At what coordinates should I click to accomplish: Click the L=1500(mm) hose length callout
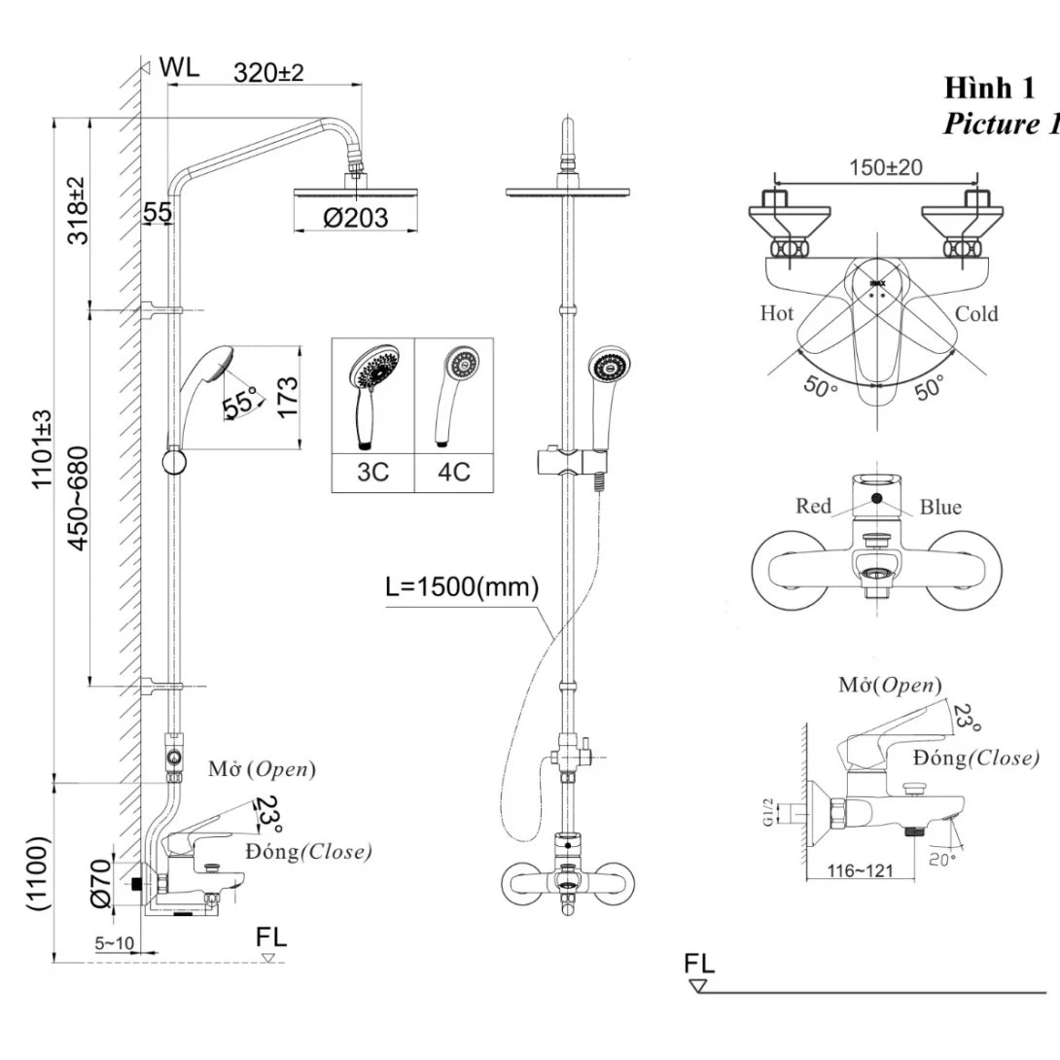[461, 587]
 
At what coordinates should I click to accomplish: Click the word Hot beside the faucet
[777, 313]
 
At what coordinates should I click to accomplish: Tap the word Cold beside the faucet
[976, 313]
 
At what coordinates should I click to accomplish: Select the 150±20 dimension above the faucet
[885, 166]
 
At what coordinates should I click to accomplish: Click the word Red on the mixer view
[813, 506]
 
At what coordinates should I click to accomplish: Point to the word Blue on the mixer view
[940, 507]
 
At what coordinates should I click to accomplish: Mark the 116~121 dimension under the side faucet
[859, 870]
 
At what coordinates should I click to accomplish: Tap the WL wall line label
[179, 67]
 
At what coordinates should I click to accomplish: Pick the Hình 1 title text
[989, 88]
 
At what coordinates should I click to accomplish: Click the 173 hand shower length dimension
[287, 396]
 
